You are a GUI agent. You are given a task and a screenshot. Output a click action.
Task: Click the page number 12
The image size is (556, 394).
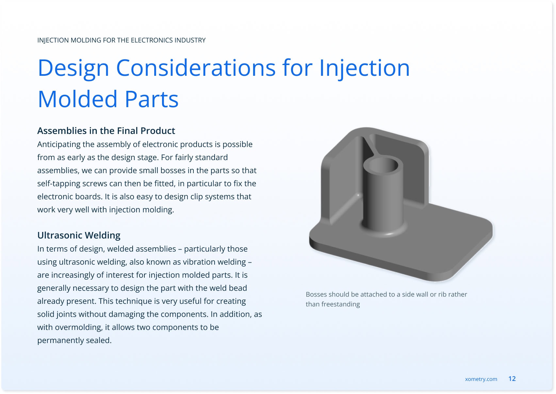click(512, 379)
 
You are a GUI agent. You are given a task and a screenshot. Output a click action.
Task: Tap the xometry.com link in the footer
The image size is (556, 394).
click(481, 379)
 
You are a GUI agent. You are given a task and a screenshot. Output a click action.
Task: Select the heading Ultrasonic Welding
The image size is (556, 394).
click(79, 235)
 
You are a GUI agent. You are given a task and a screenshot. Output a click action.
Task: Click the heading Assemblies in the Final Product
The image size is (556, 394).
click(106, 131)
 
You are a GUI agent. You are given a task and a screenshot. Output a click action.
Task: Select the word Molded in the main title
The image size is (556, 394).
click(77, 99)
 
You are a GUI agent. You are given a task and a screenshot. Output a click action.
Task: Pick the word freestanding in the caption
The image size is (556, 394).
click(340, 304)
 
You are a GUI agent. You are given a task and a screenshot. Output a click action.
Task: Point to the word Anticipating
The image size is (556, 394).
click(59, 144)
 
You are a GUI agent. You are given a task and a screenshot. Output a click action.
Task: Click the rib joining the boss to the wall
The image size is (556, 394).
click(369, 148)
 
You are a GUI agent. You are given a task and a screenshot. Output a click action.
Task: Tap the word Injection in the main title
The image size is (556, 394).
click(364, 68)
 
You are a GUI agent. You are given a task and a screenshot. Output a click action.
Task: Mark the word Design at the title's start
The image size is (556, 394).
click(74, 68)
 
